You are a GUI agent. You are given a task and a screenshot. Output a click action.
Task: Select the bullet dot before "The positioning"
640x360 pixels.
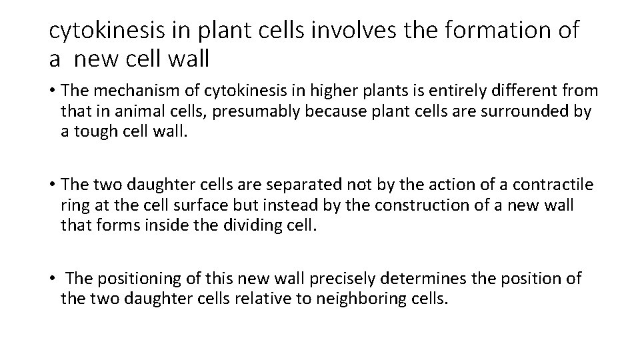pos(52,277)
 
